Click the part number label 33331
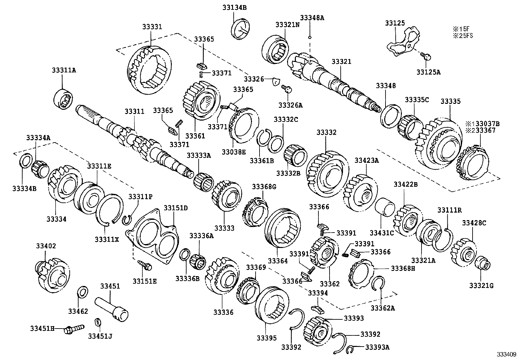point(152,27)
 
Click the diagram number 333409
point(506,354)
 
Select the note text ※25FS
point(463,36)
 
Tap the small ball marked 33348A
point(309,37)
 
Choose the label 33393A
point(377,347)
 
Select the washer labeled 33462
point(82,292)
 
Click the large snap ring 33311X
point(110,210)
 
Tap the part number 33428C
point(474,223)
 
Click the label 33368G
point(264,186)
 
